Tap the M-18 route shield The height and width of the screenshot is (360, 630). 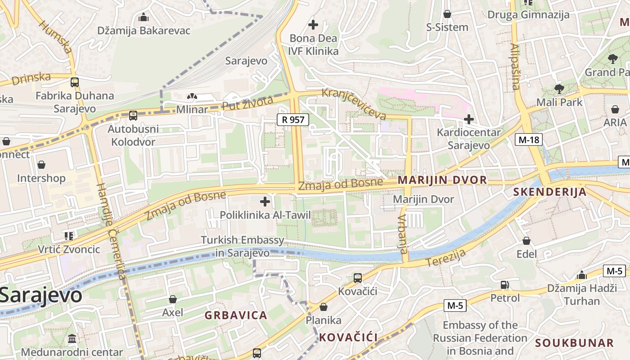tap(528, 139)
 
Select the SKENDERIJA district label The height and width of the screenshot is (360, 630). tap(550, 192)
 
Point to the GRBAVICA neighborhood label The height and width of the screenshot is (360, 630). tap(236, 315)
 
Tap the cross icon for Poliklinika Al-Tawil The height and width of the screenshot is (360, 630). tap(265, 202)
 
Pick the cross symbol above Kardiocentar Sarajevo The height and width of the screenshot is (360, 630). tap(468, 119)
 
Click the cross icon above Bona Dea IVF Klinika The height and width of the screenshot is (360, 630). tap(313, 25)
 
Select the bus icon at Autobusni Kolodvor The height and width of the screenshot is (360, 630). tap(133, 115)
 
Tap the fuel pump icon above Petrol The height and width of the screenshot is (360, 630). tap(505, 285)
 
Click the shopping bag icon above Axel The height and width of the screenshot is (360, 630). tap(172, 299)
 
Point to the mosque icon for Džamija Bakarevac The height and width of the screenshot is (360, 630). tap(144, 18)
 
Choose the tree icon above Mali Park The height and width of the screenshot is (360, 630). tap(559, 89)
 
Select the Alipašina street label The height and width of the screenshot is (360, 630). tap(516, 67)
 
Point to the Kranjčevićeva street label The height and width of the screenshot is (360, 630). tap(354, 104)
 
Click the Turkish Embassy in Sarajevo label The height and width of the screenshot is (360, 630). tap(243, 246)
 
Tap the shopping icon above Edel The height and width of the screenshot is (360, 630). tap(526, 241)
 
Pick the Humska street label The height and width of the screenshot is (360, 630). tap(55, 36)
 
